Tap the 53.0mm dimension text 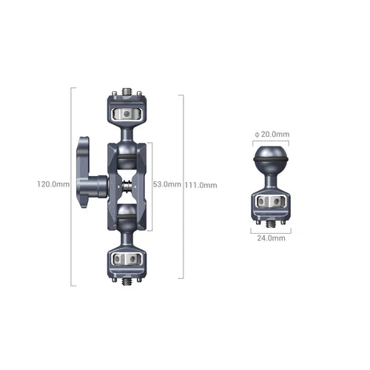click(x=166, y=184)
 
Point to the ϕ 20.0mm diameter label click(x=271, y=134)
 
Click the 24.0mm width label click(x=271, y=239)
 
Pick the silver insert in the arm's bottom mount click(x=127, y=259)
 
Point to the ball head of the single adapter click(x=271, y=159)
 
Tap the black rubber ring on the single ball click(x=271, y=158)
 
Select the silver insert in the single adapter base click(x=271, y=203)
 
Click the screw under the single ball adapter click(x=271, y=221)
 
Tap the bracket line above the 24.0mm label click(x=271, y=230)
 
